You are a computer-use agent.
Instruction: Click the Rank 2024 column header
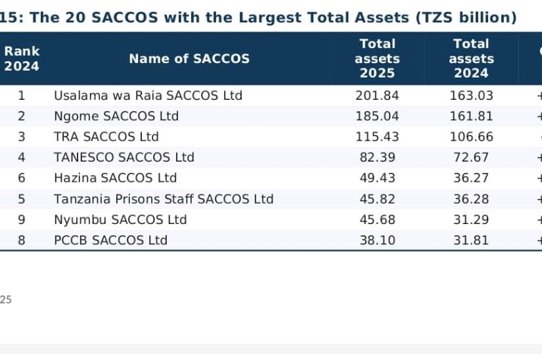tap(22, 58)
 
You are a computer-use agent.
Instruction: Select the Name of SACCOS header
tap(189, 58)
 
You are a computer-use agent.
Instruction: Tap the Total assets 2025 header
tap(377, 58)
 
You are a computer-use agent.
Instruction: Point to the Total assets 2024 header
tap(471, 58)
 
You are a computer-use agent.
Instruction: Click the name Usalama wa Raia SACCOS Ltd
tap(148, 95)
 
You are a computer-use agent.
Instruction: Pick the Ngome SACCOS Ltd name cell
tap(116, 116)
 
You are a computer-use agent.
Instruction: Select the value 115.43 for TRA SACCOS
tap(377, 137)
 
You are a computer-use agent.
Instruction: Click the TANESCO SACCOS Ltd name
tap(124, 157)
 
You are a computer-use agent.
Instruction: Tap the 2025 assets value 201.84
tap(377, 95)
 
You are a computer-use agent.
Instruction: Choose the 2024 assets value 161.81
tap(471, 116)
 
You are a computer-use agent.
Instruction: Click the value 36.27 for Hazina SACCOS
tap(471, 178)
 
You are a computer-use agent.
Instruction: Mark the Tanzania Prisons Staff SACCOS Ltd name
tap(164, 199)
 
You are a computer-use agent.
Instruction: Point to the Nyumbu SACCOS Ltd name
tap(120, 219)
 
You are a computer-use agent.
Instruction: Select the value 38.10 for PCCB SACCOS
tap(377, 240)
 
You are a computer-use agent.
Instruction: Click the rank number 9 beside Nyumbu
tap(22, 219)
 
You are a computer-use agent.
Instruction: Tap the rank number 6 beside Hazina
tap(22, 178)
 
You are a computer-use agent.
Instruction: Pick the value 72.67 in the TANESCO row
tap(471, 157)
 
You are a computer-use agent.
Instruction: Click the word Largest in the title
tap(270, 18)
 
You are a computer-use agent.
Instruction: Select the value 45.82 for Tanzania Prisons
tap(377, 199)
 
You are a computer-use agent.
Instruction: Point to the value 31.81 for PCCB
tap(471, 240)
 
